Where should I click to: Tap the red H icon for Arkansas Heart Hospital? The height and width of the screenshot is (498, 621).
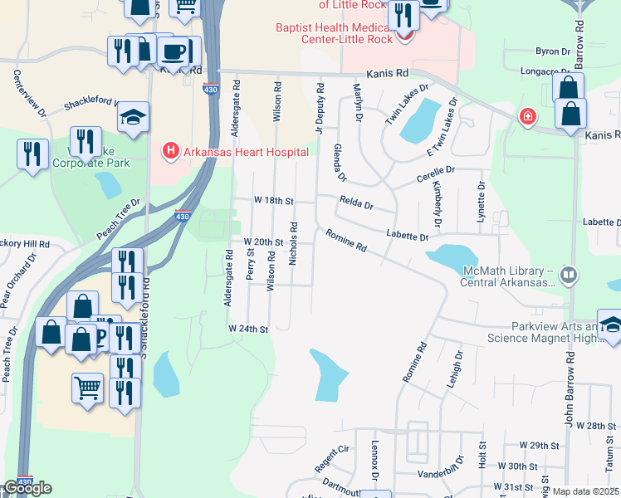(170, 151)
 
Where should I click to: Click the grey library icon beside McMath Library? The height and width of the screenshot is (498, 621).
(569, 273)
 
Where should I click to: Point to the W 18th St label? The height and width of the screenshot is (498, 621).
(274, 201)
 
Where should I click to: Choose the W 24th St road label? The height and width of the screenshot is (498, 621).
(249, 330)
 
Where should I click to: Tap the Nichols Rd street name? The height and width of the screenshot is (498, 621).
(292, 243)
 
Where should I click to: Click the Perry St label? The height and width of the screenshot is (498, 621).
(250, 264)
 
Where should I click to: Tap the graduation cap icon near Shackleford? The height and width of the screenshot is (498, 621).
(132, 119)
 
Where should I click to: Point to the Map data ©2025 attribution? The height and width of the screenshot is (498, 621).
(585, 491)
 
